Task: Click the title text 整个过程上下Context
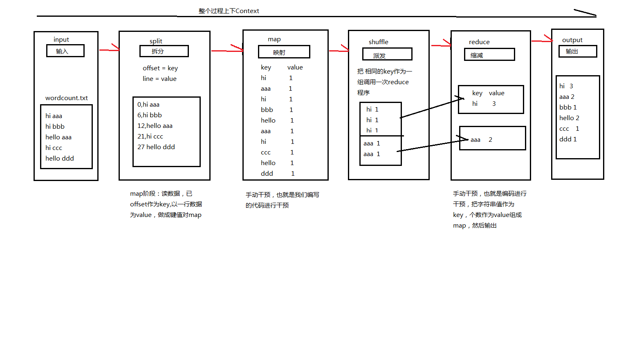tap(229, 11)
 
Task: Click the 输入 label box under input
tap(65, 51)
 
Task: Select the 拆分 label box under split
tap(164, 51)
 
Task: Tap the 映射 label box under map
tap(284, 52)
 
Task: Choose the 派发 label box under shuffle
tap(387, 54)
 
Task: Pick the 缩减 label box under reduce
tap(489, 55)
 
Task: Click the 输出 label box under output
tap(577, 51)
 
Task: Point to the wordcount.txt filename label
tap(67, 98)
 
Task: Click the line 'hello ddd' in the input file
tap(60, 159)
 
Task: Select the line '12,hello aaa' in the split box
tap(155, 126)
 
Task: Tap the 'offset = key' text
tap(160, 68)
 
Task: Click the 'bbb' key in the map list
tap(267, 110)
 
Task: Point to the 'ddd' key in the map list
tap(267, 174)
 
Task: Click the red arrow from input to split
tap(109, 50)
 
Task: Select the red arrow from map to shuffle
tap(339, 51)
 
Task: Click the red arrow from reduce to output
tap(542, 40)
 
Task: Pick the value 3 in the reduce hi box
tap(494, 104)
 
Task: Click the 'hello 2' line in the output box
tap(569, 118)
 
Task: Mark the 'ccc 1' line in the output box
tap(569, 129)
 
